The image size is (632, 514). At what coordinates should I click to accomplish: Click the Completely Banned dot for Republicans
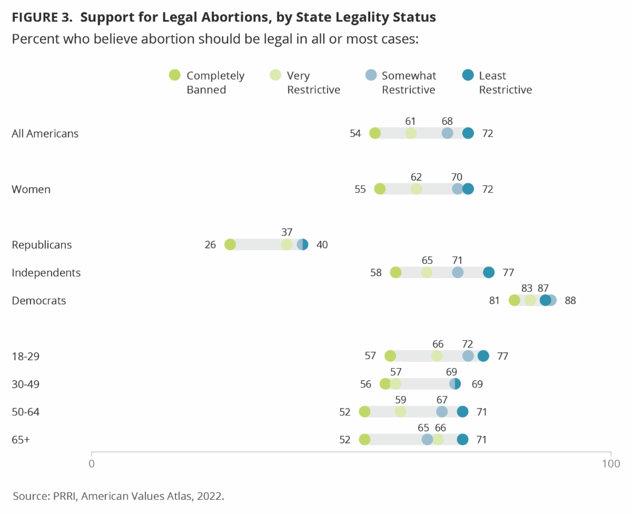(x=230, y=244)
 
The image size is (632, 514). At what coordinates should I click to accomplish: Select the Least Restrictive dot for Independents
(x=489, y=272)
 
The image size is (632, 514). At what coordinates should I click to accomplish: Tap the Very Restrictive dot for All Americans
(x=411, y=133)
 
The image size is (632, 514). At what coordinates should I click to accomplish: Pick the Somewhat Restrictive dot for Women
(x=458, y=189)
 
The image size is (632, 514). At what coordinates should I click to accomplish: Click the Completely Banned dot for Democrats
(x=515, y=300)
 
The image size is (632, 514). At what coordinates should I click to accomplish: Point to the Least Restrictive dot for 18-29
(x=483, y=356)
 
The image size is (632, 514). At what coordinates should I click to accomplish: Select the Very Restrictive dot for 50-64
(x=401, y=412)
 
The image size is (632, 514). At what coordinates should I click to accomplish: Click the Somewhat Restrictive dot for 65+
(x=428, y=440)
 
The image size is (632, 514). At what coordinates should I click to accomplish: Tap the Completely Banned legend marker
(x=175, y=75)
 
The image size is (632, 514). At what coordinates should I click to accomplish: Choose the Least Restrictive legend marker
(x=467, y=75)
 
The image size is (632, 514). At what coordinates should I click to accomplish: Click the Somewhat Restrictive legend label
(x=409, y=83)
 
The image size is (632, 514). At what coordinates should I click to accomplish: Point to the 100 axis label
(x=611, y=464)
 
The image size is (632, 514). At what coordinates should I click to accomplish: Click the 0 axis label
(x=92, y=464)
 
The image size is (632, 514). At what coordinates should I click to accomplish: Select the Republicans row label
(x=42, y=245)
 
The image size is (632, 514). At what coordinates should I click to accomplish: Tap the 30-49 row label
(x=26, y=384)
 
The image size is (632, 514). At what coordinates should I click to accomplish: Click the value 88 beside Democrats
(x=570, y=301)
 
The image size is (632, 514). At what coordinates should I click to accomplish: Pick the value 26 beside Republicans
(x=211, y=245)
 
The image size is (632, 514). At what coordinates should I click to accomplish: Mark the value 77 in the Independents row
(x=508, y=273)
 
